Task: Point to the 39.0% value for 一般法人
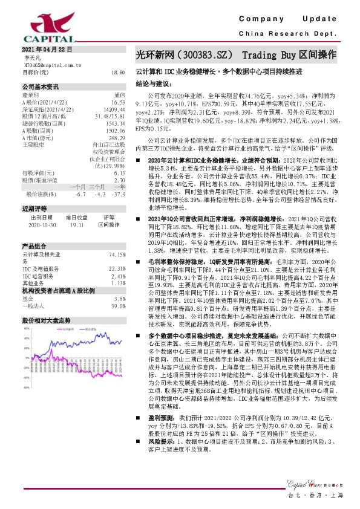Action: pyautogui.click(x=118, y=306)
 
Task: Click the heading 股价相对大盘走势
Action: pyautogui.click(x=47, y=319)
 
